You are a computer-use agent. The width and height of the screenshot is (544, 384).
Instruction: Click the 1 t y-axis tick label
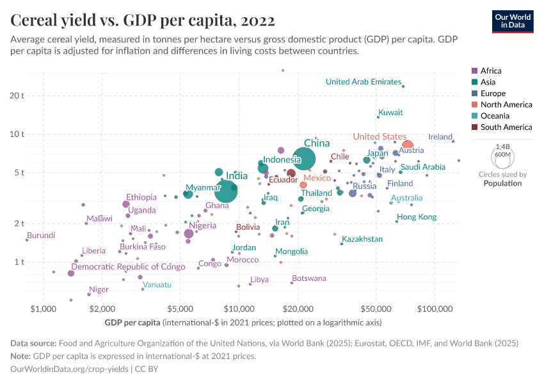[x=18, y=262]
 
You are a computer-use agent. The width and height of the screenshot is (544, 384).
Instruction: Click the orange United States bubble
[x=408, y=145]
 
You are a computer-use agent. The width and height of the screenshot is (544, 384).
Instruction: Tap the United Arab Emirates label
[x=363, y=82]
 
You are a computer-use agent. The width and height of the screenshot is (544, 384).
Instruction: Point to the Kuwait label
[x=390, y=113]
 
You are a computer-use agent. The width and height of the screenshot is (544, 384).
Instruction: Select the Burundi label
[x=41, y=236]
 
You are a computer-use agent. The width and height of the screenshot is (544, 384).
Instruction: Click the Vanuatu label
[x=157, y=285]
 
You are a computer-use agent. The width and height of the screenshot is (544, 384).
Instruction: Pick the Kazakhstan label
[x=362, y=239]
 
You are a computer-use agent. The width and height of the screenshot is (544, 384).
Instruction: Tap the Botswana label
[x=309, y=278]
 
